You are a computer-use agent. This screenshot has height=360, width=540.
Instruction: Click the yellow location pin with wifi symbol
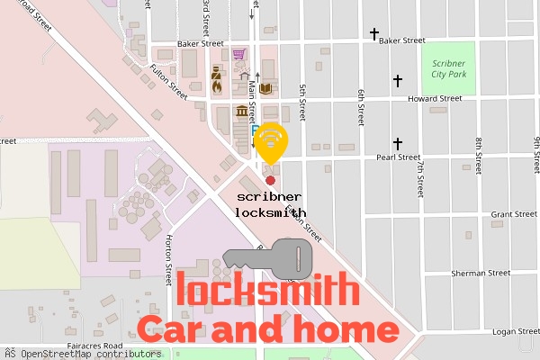click(x=271, y=141)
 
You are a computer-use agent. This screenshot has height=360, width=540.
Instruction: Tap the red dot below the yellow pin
click(x=271, y=181)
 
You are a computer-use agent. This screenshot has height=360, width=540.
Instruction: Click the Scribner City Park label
click(x=447, y=69)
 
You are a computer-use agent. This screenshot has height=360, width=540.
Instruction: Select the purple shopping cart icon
click(x=238, y=55)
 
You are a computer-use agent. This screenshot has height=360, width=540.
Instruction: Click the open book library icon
click(x=265, y=88)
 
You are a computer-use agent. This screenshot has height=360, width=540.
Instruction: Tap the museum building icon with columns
click(x=241, y=112)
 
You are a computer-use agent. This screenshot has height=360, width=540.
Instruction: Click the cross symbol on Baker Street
click(x=374, y=35)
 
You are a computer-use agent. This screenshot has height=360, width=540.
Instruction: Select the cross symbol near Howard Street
click(x=397, y=81)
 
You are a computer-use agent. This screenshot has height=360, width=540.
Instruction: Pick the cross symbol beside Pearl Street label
click(x=397, y=144)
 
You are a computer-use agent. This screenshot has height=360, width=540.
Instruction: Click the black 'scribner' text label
click(x=270, y=196)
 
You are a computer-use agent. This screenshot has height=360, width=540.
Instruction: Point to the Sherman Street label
click(x=481, y=273)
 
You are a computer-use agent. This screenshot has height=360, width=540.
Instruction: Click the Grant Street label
click(x=514, y=214)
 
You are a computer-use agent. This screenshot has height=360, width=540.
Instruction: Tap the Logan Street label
click(x=515, y=331)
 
